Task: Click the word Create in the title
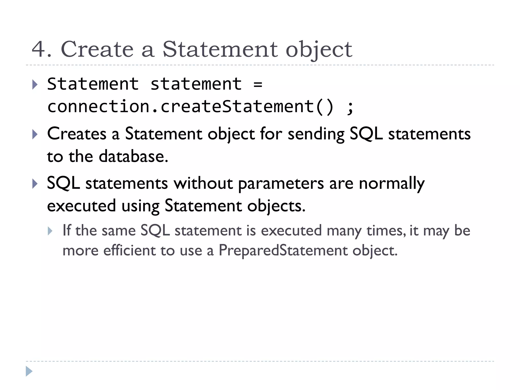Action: (97, 49)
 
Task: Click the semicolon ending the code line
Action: (350, 107)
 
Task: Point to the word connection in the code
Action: (99, 107)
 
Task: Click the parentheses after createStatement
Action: (324, 107)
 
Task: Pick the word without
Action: (203, 183)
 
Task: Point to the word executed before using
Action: (82, 206)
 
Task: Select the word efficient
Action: (129, 251)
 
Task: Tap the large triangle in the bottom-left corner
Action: (29, 371)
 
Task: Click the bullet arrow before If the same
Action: (50, 231)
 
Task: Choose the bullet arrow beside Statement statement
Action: (35, 85)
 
